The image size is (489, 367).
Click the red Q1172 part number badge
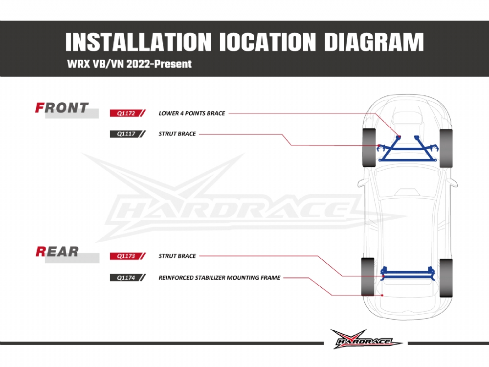128,113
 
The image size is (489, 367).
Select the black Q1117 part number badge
128,134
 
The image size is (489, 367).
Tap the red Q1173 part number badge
128,256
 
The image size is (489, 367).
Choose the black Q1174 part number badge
128,277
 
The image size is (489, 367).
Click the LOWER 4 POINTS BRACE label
192,114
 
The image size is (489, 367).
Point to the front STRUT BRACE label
177,134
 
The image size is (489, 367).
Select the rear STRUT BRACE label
177,256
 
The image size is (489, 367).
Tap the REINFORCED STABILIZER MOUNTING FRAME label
220,278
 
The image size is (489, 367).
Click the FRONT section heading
62,108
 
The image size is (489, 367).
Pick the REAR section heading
57,252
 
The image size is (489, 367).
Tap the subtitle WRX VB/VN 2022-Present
130,64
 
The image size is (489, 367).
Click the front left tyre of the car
369,147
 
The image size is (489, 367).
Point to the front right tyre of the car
446,148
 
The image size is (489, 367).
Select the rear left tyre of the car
368,277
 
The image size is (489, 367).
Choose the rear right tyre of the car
446,278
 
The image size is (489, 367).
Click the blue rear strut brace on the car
408,274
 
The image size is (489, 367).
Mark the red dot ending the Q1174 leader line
382,295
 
